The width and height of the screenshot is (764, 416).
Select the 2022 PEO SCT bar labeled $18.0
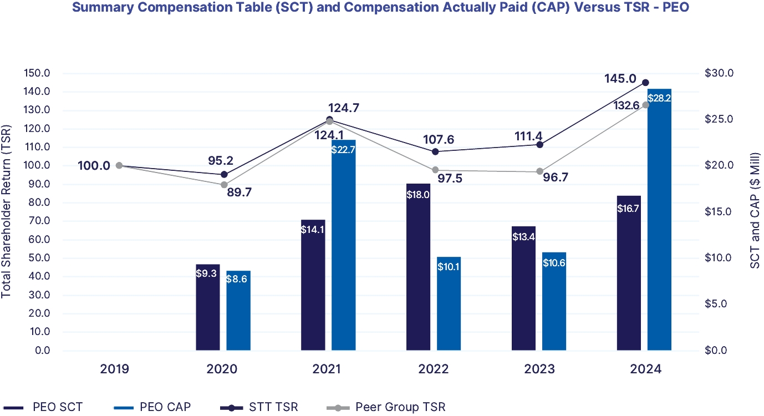(418, 267)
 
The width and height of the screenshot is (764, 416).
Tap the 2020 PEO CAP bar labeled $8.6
(238, 311)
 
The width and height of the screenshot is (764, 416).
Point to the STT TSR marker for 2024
(645, 83)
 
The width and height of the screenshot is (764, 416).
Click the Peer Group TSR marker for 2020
(224, 185)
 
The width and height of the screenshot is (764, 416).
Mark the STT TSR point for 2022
(435, 151)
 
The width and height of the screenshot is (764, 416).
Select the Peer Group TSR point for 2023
(540, 171)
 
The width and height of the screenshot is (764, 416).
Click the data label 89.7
(242, 192)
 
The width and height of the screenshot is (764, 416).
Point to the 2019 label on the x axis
(115, 369)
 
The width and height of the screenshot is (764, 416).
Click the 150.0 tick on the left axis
(37, 73)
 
